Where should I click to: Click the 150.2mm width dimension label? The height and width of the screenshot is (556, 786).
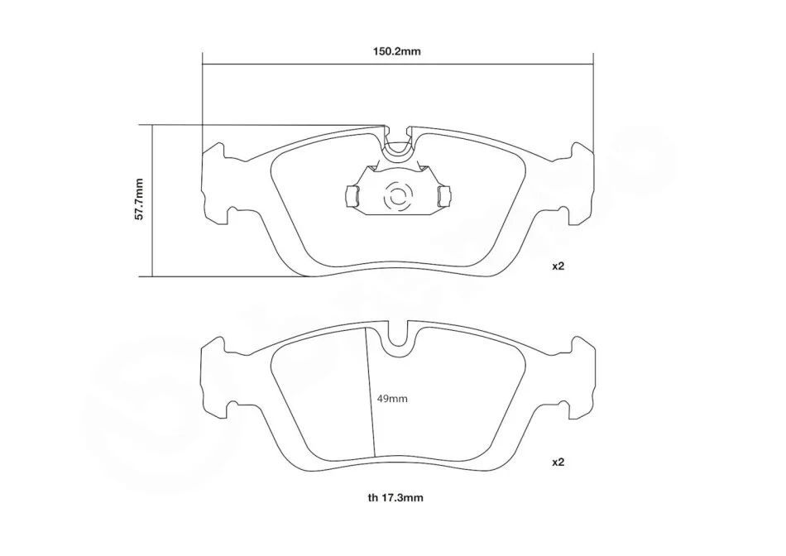(x=396, y=51)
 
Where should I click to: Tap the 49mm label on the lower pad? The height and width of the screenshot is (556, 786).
(x=392, y=399)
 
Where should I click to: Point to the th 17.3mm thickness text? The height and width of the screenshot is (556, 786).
(x=395, y=498)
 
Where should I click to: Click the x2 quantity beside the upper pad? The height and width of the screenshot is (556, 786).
(x=558, y=266)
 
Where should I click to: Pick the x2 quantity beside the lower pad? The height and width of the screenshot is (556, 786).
(x=558, y=463)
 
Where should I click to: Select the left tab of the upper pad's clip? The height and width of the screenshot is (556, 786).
(x=352, y=195)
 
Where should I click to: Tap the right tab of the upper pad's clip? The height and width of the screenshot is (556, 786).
(x=443, y=195)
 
